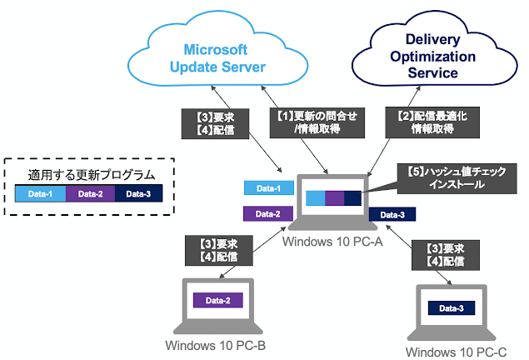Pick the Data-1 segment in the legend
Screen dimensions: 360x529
(40, 196)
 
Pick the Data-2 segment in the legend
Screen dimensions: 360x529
(90, 196)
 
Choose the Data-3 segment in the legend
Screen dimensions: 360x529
(138, 196)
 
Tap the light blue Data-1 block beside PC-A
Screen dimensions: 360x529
(268, 189)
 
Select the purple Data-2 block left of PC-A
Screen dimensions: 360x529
(268, 214)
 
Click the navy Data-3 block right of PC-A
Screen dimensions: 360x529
(392, 215)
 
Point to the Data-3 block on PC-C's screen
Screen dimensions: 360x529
(451, 308)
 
